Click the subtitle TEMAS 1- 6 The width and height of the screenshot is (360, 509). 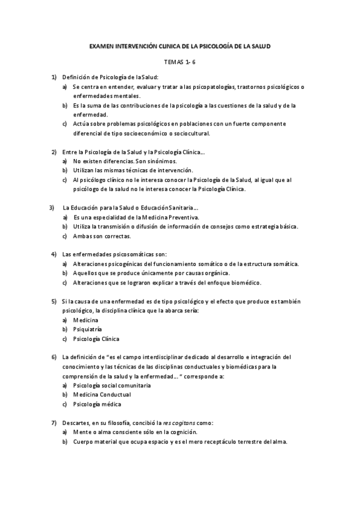pos(179,61)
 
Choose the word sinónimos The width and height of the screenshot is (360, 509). pos(160,161)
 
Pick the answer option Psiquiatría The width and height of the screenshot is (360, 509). pos(88,329)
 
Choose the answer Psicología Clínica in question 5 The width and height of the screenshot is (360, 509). pos(96,339)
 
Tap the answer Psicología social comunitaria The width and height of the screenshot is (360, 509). pos(112,385)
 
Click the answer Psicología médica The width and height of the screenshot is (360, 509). pos(97,404)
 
